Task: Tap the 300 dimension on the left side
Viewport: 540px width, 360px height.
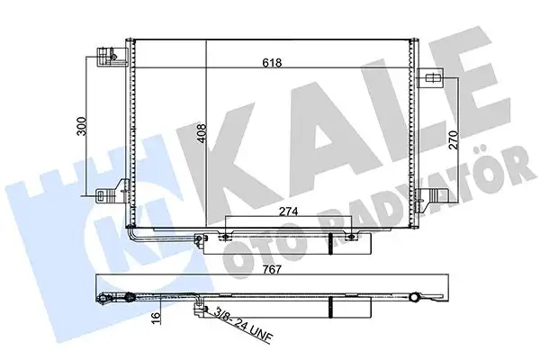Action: coord(83,126)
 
